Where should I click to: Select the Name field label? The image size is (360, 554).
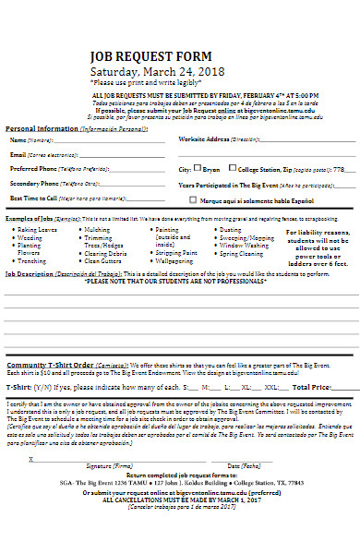[x=18, y=139]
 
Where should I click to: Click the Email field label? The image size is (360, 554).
[x=18, y=154]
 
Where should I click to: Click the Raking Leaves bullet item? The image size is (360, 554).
[x=37, y=229]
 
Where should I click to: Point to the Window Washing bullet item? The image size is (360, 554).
[x=247, y=245]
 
